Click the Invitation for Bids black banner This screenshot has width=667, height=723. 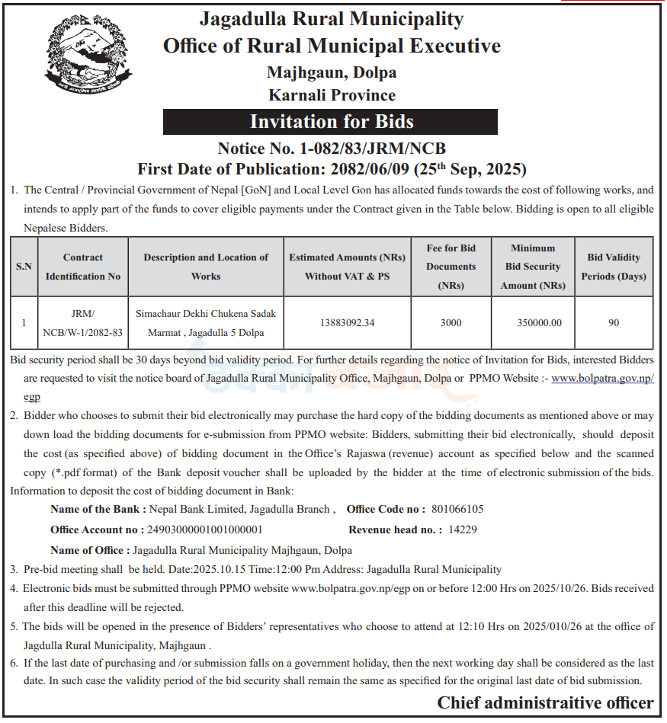pyautogui.click(x=331, y=122)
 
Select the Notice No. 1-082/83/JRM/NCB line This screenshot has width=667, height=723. pyautogui.click(x=332, y=148)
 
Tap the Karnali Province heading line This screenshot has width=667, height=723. pyautogui.click(x=332, y=95)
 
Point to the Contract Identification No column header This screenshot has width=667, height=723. pyautogui.click(x=83, y=267)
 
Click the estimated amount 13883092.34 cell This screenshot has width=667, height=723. pyautogui.click(x=348, y=322)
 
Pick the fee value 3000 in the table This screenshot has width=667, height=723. pyautogui.click(x=451, y=322)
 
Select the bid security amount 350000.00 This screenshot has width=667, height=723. pyautogui.click(x=539, y=322)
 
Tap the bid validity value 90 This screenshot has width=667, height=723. pyautogui.click(x=614, y=322)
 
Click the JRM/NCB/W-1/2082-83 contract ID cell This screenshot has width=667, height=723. pyautogui.click(x=83, y=323)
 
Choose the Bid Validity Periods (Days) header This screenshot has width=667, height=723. pyautogui.click(x=614, y=267)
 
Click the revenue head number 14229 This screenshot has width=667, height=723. pyautogui.click(x=463, y=529)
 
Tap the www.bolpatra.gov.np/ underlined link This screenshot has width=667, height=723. pyautogui.click(x=602, y=378)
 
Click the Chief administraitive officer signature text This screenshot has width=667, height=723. pyautogui.click(x=545, y=702)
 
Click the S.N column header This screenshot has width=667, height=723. pyautogui.click(x=24, y=267)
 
